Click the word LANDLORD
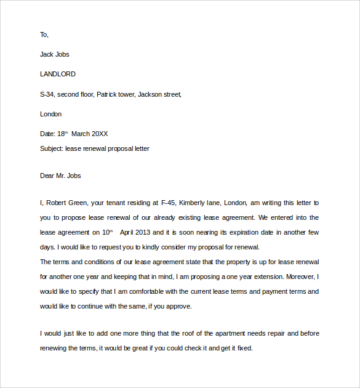click(58, 74)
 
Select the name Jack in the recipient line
click(47, 54)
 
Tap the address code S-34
click(47, 94)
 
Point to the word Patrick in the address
click(108, 94)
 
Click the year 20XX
click(100, 134)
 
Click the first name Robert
click(57, 203)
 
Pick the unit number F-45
click(167, 203)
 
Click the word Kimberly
click(194, 203)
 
